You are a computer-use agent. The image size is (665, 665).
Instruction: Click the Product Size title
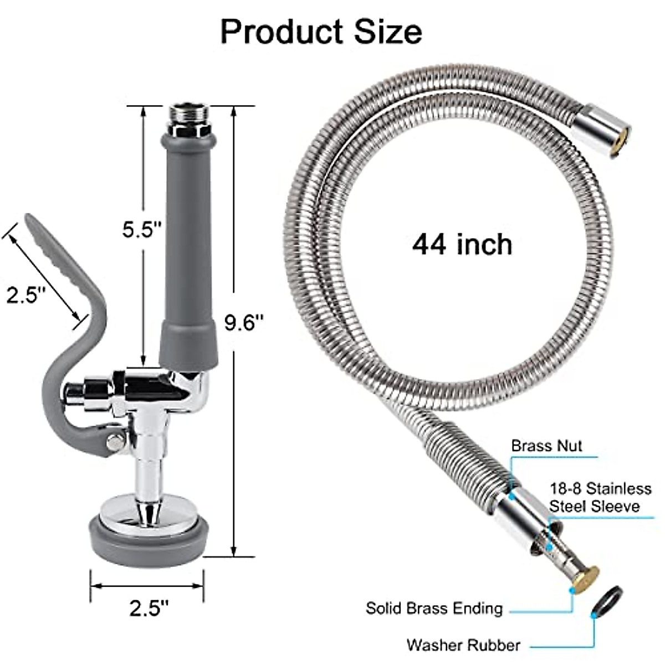(x=321, y=32)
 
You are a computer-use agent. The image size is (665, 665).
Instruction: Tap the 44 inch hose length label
(x=462, y=244)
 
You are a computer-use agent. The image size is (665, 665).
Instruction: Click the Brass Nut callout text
(x=546, y=446)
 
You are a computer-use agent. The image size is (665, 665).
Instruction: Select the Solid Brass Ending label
(x=434, y=608)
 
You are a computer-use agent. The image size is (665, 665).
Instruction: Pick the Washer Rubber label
(x=463, y=645)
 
